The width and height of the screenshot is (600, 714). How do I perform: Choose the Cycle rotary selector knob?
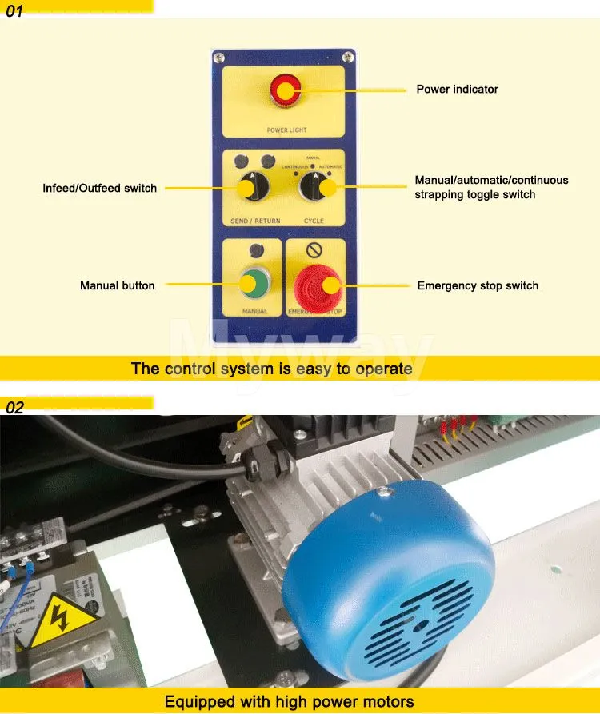[316, 187]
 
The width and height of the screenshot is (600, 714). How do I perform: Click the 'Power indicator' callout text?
[457, 89]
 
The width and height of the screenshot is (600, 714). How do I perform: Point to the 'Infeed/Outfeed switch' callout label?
[100, 188]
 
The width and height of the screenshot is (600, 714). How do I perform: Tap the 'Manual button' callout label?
[118, 285]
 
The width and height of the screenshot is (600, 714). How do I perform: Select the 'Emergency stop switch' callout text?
[478, 285]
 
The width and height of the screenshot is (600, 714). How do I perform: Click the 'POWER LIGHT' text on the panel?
[286, 130]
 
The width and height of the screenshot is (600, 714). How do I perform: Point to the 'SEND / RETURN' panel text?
[251, 219]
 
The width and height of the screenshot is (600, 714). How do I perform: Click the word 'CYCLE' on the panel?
[314, 219]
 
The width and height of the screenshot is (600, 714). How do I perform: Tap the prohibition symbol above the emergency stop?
[314, 249]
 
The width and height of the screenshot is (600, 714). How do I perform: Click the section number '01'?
[15, 12]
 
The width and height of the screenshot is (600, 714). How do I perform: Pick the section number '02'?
[15, 408]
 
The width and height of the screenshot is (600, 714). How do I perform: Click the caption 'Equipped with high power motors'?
[289, 702]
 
